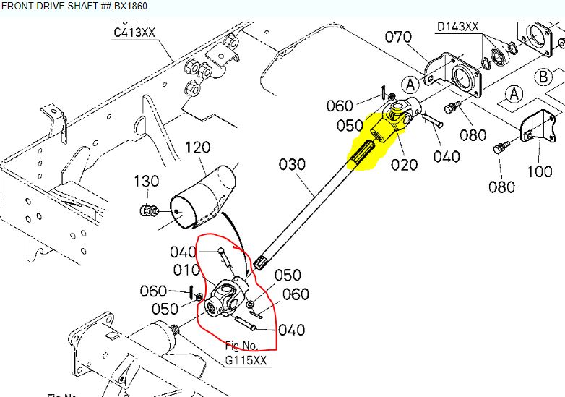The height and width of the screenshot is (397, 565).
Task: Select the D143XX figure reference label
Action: pos(458,27)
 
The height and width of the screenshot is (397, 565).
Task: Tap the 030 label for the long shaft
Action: pos(292,165)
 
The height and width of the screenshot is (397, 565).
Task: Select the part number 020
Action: pos(405,164)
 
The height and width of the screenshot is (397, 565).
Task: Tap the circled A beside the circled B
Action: pos(514,93)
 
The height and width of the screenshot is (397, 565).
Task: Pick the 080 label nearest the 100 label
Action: pos(501,187)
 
